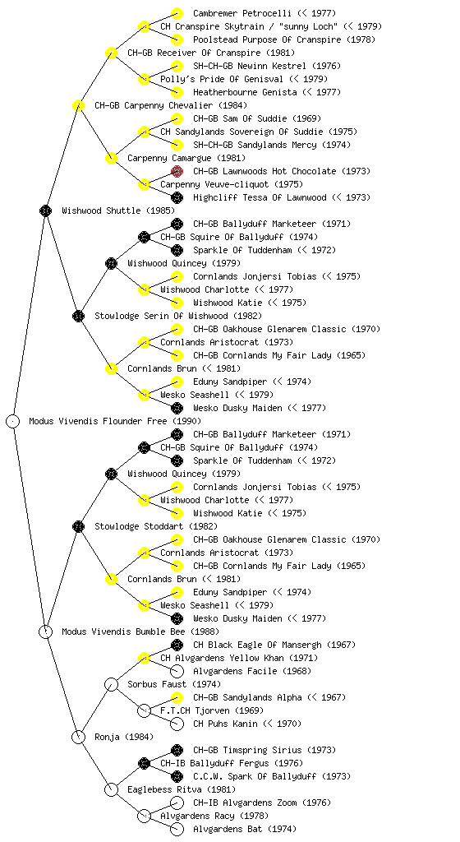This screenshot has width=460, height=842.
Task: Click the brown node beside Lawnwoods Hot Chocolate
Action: (x=177, y=171)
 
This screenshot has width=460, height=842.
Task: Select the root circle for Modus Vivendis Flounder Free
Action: (x=13, y=421)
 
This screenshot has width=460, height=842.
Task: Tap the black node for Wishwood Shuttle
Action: (x=45, y=210)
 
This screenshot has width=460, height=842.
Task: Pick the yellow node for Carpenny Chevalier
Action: (x=78, y=105)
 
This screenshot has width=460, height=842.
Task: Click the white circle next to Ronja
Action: (x=78, y=737)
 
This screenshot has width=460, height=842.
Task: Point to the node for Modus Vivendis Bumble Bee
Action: (x=45, y=631)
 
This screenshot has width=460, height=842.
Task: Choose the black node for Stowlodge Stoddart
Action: (x=78, y=526)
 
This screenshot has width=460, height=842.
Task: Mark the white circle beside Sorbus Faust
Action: (x=111, y=684)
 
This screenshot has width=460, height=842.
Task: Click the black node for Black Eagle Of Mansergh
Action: (x=177, y=645)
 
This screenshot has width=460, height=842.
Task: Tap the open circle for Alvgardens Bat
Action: (x=177, y=829)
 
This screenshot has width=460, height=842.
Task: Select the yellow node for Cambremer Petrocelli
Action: (x=177, y=13)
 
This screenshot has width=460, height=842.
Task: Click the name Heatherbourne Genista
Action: (x=245, y=92)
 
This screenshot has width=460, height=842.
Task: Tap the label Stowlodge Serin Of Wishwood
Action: (x=161, y=316)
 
